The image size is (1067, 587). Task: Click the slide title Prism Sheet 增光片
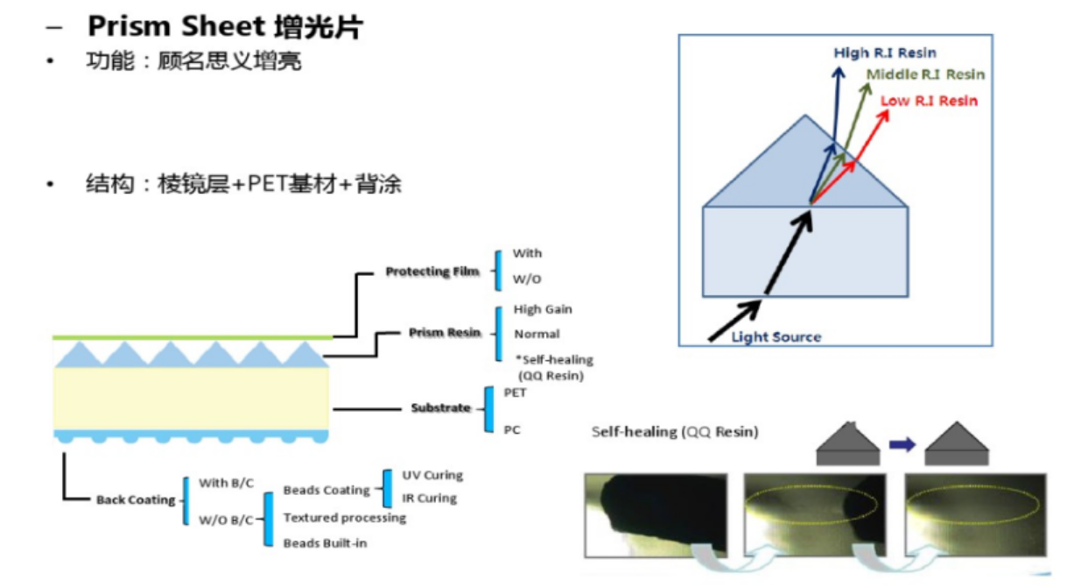tap(224, 26)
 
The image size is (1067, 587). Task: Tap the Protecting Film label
tap(432, 272)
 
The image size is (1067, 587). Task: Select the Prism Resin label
tap(445, 333)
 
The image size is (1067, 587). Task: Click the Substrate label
tap(441, 408)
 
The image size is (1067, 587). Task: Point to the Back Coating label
tap(136, 500)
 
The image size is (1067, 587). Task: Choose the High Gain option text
tap(543, 309)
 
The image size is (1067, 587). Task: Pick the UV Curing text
tap(432, 476)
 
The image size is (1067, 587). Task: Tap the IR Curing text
tap(429, 498)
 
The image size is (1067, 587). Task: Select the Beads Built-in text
tap(325, 543)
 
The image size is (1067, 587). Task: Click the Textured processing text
tap(344, 518)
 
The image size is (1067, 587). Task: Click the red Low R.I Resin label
tap(929, 101)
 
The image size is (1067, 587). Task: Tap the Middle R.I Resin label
tap(925, 74)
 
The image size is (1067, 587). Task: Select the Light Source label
tap(776, 336)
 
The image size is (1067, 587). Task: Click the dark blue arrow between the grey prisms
tap(902, 444)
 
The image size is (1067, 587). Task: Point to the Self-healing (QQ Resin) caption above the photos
tap(674, 432)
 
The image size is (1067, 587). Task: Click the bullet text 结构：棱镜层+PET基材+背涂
tap(243, 185)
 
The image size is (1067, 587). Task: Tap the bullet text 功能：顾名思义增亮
tap(193, 62)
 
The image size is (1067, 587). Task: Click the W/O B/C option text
tap(226, 520)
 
